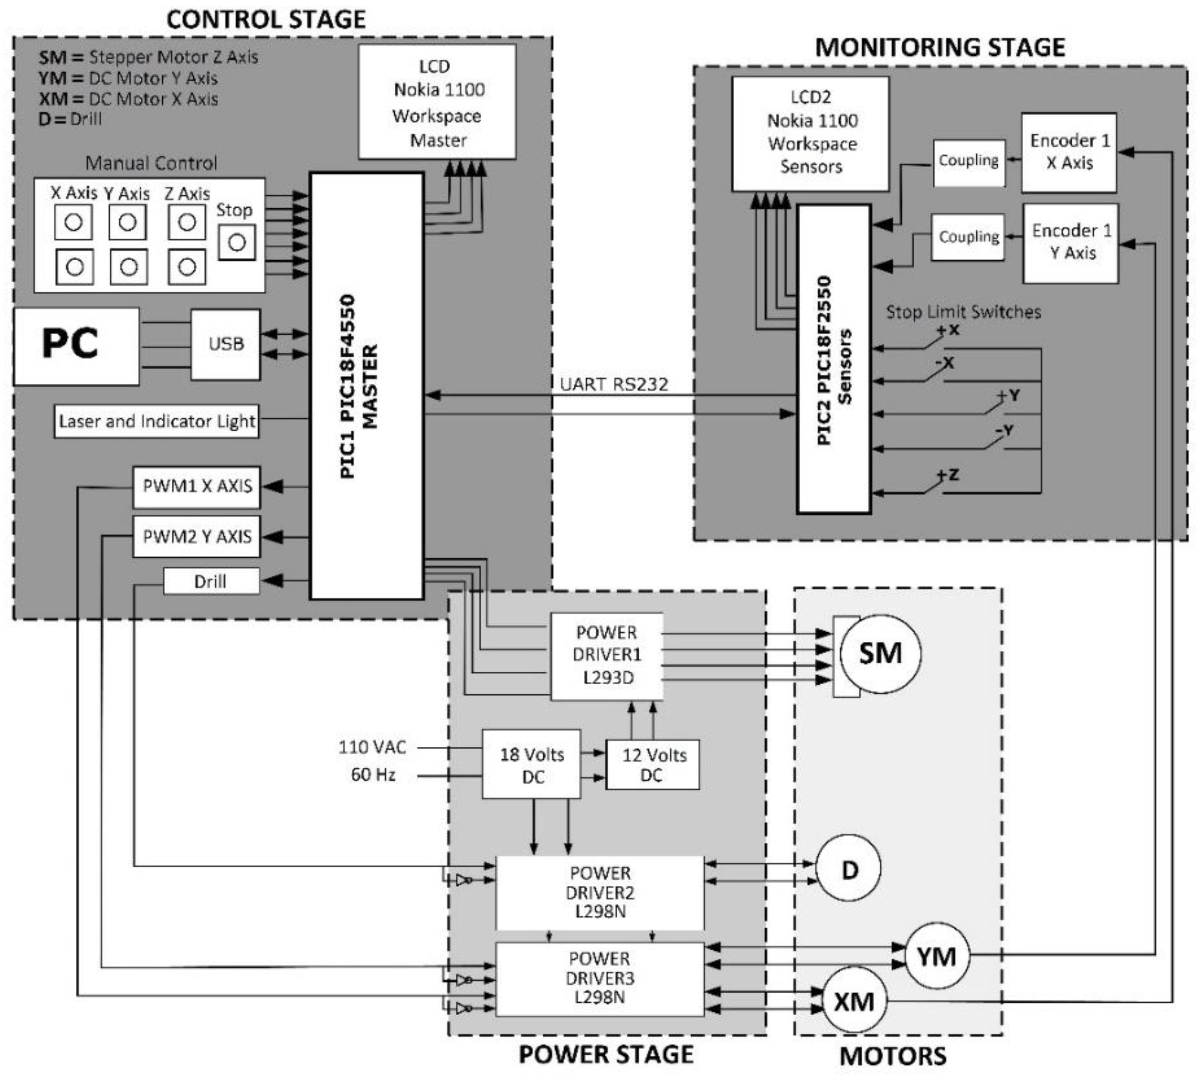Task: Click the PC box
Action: click(76, 346)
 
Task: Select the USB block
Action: click(225, 344)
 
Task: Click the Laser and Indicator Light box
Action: click(157, 421)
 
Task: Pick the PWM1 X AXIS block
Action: click(197, 486)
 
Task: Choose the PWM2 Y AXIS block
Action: click(197, 536)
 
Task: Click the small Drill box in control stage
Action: click(211, 581)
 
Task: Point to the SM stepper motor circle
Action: click(880, 654)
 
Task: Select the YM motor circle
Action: click(937, 956)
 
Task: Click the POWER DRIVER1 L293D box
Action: click(607, 655)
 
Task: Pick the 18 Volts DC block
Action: click(531, 765)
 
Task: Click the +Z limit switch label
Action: click(948, 475)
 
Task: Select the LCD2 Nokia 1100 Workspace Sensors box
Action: click(810, 133)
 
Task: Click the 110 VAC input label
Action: click(372, 747)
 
